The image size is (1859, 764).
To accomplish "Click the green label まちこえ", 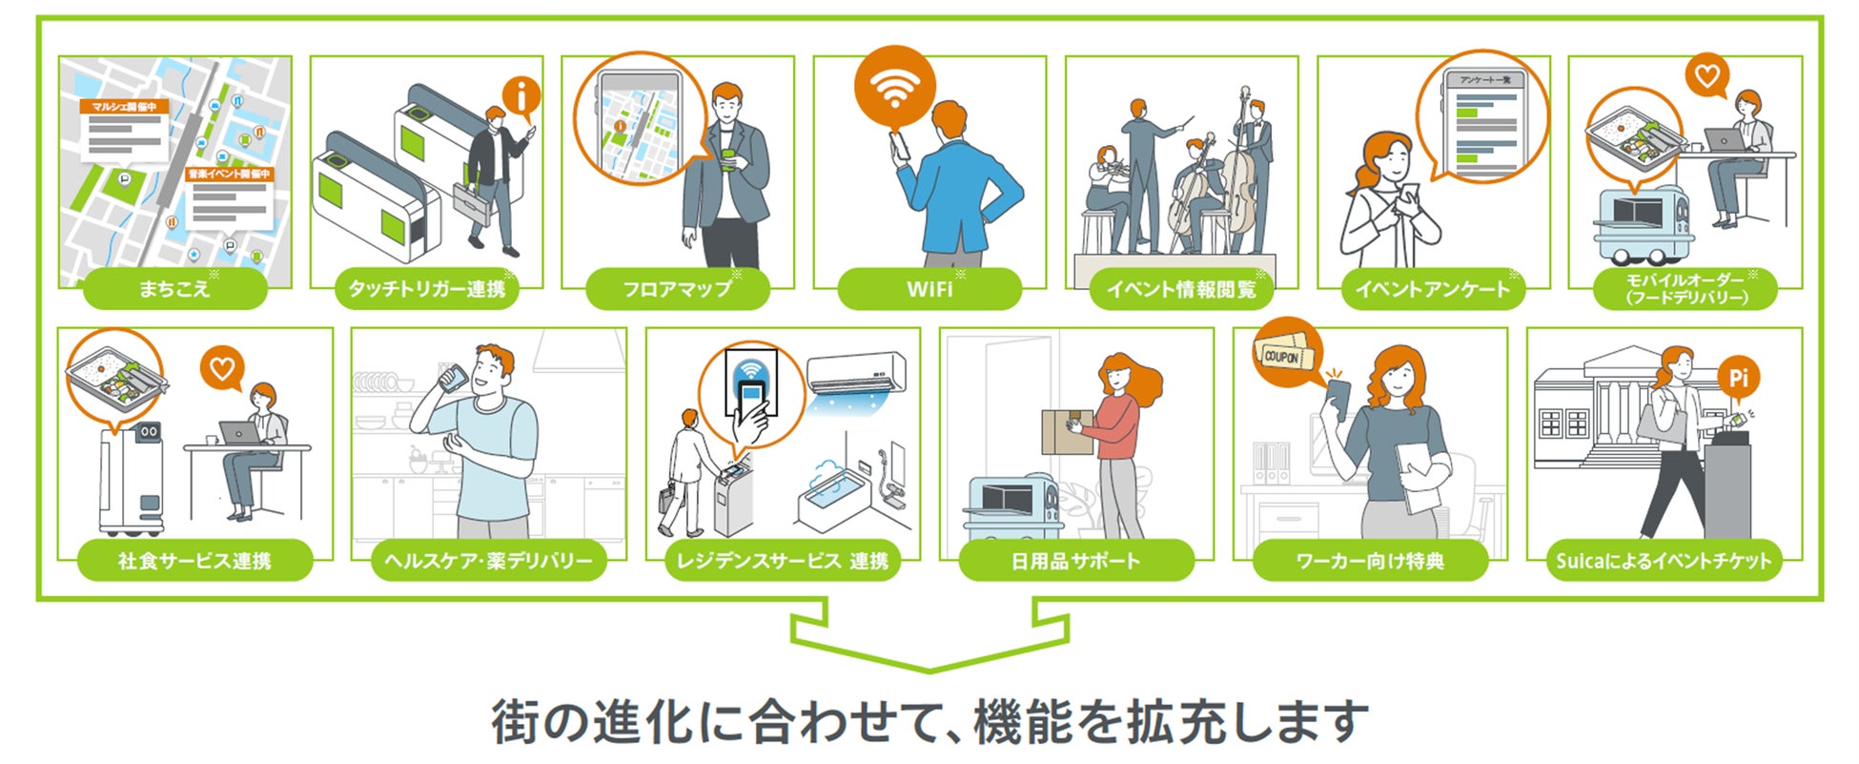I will (174, 288).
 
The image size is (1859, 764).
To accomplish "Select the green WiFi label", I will (929, 288).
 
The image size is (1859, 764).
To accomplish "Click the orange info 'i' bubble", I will (521, 96).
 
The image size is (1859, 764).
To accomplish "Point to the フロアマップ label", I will (677, 288).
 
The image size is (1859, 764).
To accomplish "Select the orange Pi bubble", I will (1738, 378).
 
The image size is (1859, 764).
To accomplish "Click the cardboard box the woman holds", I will (1066, 432).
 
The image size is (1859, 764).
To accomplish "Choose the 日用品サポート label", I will (1075, 560).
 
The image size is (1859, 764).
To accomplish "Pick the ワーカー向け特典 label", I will (1370, 560).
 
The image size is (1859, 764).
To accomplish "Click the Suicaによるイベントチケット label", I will (1664, 560).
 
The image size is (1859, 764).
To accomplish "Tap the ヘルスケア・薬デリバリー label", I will (488, 560).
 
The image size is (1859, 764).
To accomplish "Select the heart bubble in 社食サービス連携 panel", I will (222, 369).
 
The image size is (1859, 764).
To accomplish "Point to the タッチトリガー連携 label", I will (426, 288).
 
